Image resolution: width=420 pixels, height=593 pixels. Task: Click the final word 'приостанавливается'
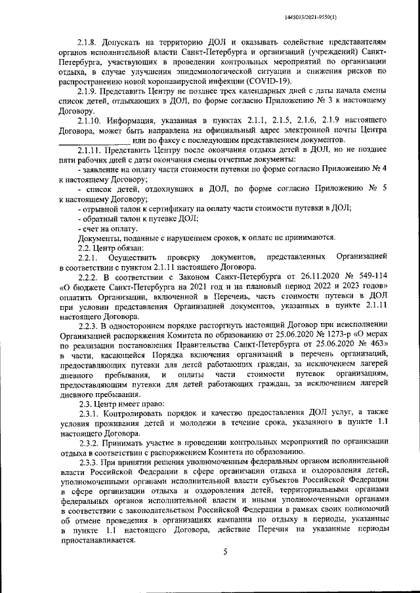coord(97,541)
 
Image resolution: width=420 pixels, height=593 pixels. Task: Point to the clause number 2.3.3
coord(87,462)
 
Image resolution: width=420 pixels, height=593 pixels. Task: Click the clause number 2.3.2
coord(87,442)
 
